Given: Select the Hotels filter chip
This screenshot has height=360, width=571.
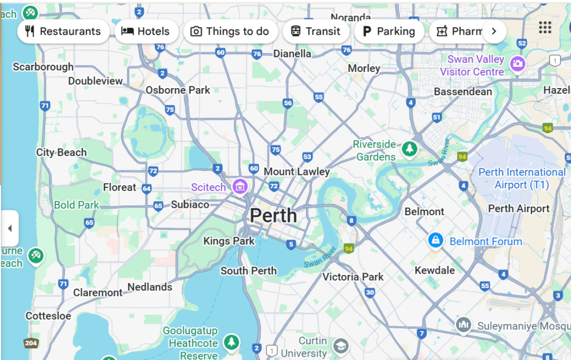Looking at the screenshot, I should (146, 31).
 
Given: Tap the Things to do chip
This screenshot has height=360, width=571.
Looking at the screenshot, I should (230, 31).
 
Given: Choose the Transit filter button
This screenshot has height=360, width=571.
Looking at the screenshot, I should (316, 31).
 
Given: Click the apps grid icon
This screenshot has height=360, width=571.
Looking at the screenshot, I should (545, 27).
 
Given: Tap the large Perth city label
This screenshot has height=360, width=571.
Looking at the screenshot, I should (273, 215).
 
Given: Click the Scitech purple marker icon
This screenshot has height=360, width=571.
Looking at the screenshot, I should (240, 186).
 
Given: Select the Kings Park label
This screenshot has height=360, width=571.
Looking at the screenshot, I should (229, 241).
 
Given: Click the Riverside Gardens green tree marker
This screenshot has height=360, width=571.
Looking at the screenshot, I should (410, 148).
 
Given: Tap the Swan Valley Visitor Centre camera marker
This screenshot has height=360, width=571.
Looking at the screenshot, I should (517, 64).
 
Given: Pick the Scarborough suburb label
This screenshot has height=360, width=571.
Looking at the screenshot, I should (43, 67).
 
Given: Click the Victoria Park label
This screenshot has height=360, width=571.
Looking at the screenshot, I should (353, 277).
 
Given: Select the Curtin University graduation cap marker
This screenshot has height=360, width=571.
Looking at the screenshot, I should (340, 346).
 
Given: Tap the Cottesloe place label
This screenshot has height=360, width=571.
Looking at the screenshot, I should (49, 316).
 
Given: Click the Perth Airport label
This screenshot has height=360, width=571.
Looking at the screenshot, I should (519, 209).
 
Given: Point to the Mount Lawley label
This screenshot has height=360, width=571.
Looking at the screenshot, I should (297, 172).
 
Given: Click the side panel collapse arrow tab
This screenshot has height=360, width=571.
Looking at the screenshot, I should (9, 228).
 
